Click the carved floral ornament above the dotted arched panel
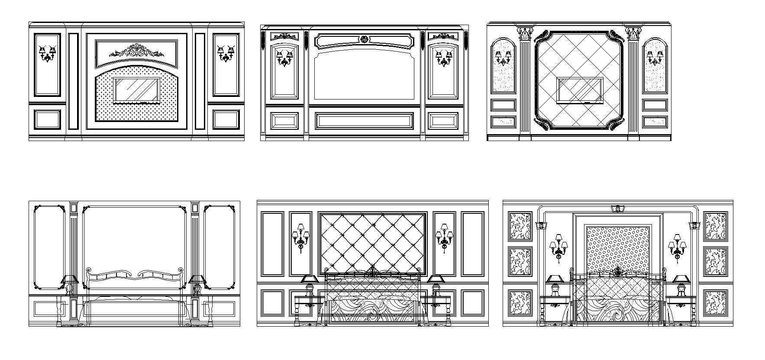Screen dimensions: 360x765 click(x=137, y=51)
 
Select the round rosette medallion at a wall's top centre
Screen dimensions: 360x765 click(x=364, y=39)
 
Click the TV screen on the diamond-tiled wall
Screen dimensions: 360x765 click(x=580, y=90)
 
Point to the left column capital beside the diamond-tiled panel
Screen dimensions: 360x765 click(x=525, y=32)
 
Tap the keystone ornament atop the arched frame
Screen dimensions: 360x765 click(x=618, y=209)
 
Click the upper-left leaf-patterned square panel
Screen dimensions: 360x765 click(x=520, y=226)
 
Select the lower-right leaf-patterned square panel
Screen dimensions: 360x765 click(x=716, y=302)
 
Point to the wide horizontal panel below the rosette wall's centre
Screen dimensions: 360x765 click(x=364, y=121)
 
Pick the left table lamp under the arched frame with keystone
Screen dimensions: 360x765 click(x=555, y=285)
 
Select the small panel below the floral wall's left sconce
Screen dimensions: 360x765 click(x=48, y=119)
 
